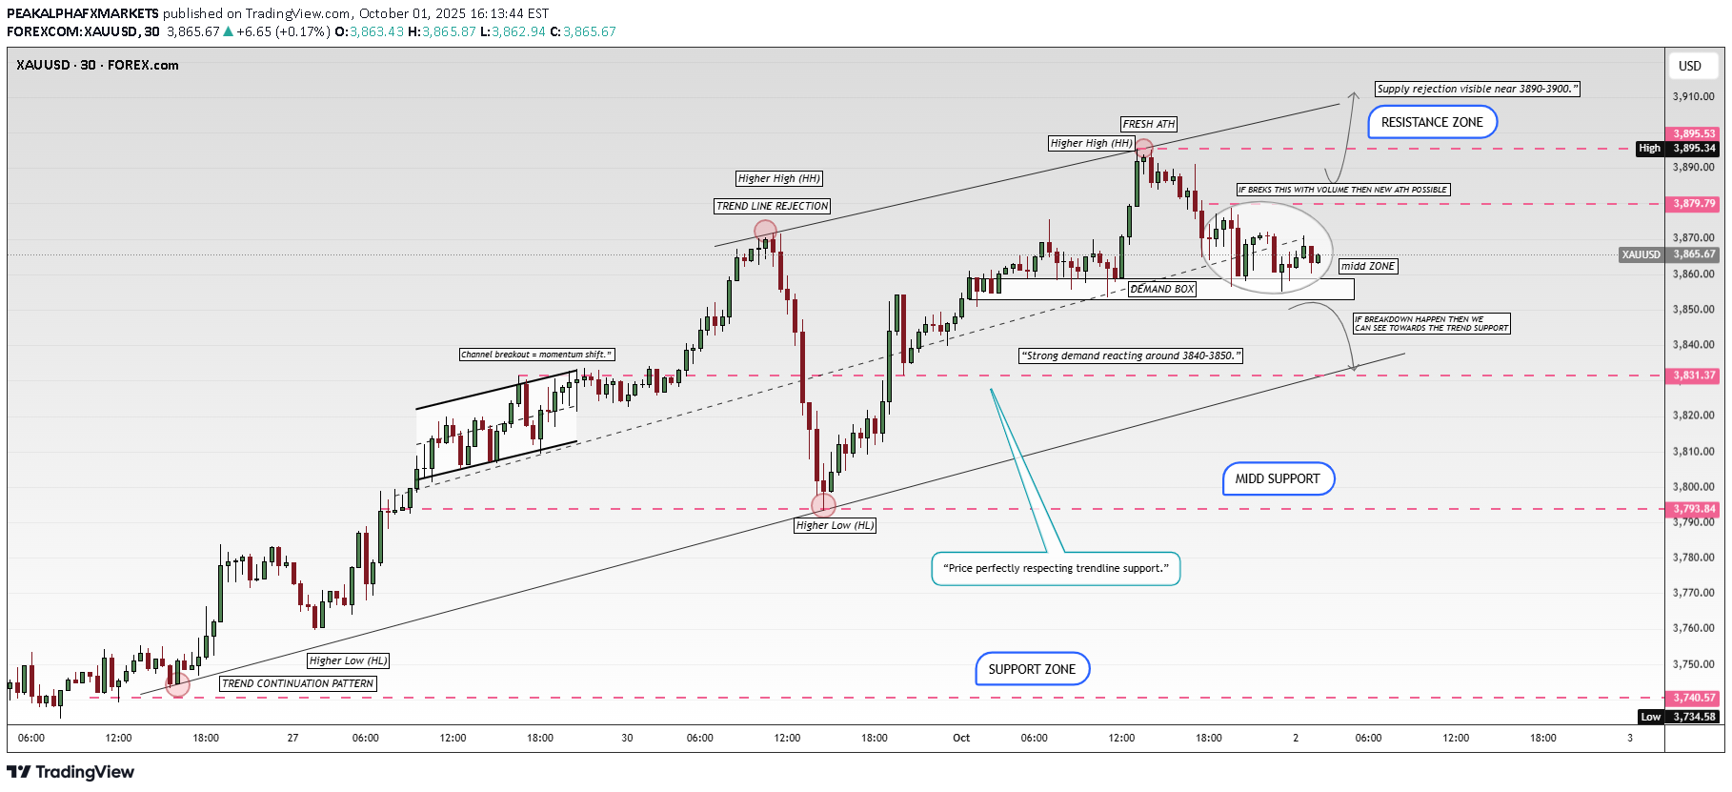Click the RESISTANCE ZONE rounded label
pyautogui.click(x=1432, y=122)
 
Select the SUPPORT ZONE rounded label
pyautogui.click(x=1032, y=669)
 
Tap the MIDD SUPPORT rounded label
pyautogui.click(x=1278, y=478)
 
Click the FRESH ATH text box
pyautogui.click(x=1149, y=124)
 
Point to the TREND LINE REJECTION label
pyautogui.click(x=773, y=206)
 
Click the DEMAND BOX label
pyautogui.click(x=1162, y=289)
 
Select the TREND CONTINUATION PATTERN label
pyautogui.click(x=298, y=683)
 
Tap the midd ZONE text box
pyautogui.click(x=1368, y=266)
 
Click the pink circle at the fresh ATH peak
pyautogui.click(x=1143, y=148)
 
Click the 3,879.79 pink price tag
pyautogui.click(x=1695, y=204)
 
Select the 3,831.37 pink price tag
pyautogui.click(x=1695, y=376)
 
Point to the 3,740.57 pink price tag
pyautogui.click(x=1695, y=698)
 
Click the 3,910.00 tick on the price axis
pyautogui.click(x=1693, y=96)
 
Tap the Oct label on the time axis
pyautogui.click(x=961, y=738)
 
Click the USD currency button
pyautogui.click(x=1690, y=66)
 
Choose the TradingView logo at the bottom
pyautogui.click(x=71, y=772)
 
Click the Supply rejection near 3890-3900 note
pyautogui.click(x=1477, y=89)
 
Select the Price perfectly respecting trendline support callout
pyautogui.click(x=1056, y=568)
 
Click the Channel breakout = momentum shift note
pyautogui.click(x=536, y=355)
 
